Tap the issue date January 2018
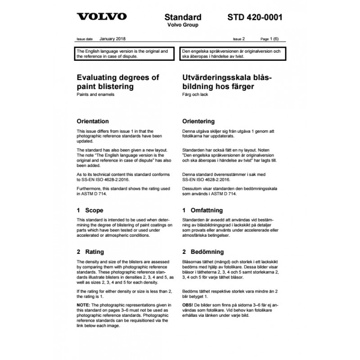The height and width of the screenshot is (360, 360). click(113, 39)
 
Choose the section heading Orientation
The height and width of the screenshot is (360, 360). click(93, 121)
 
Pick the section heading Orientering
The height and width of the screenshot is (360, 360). click(198, 121)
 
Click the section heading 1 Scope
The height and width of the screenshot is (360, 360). click(90, 210)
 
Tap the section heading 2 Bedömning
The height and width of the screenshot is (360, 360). click(202, 252)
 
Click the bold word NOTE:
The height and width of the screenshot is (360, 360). click(84, 305)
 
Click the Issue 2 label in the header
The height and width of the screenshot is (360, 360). click(239, 40)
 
